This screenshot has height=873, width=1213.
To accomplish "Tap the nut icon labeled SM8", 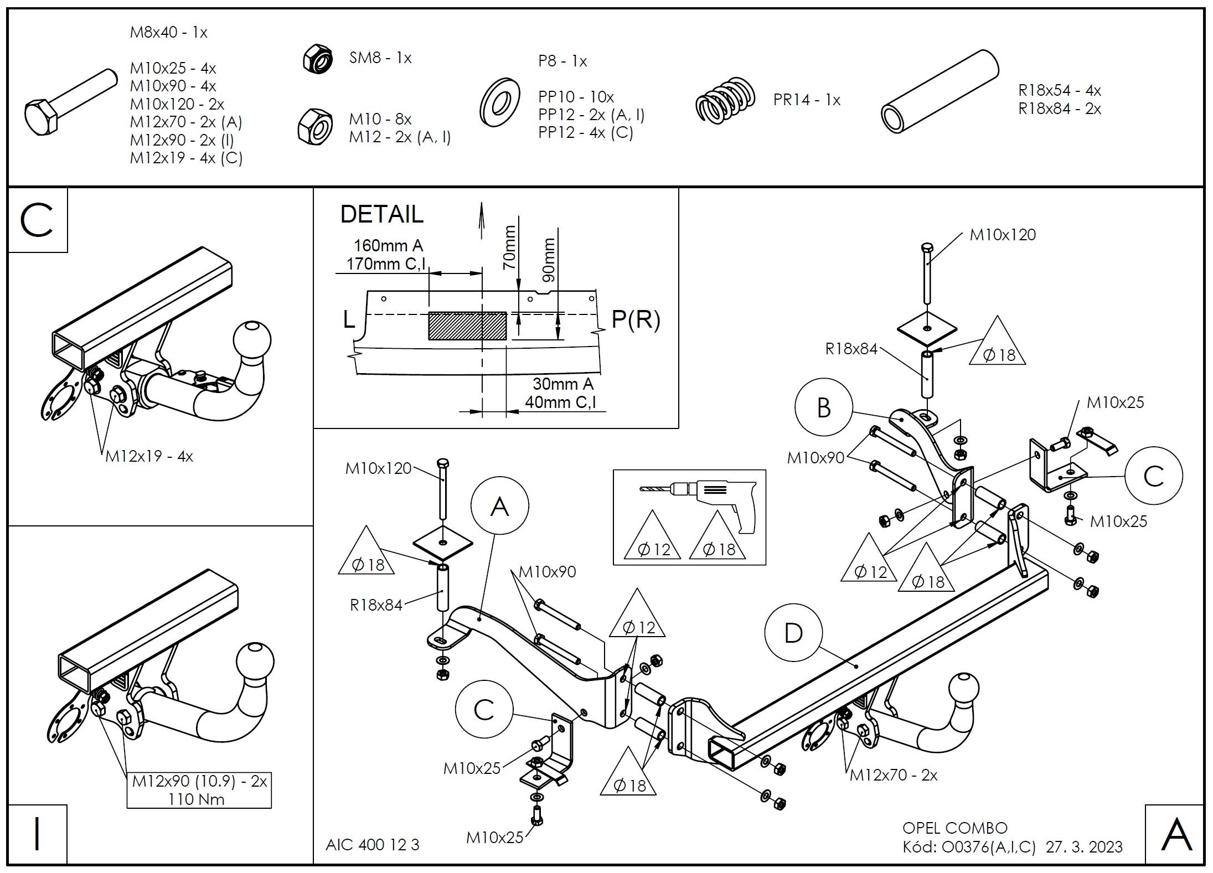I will coord(317,59).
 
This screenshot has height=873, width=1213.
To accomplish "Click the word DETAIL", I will coord(381,214).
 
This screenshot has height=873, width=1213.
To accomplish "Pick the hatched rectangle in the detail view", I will coord(467,326).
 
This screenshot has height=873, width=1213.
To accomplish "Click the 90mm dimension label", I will coord(548,260).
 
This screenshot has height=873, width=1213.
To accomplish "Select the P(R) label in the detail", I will coord(636,320).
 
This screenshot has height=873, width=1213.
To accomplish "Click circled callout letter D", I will coord(793,633).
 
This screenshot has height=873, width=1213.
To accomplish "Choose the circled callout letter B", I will coord(823,408).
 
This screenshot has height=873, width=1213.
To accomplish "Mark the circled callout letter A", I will coord(499,506).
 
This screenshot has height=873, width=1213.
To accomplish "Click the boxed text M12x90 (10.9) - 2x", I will coord(199,781).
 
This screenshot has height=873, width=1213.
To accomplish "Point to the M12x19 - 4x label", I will coord(149,457).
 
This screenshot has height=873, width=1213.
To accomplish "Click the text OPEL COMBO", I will coord(954,828).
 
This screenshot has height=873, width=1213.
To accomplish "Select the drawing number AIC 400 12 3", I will coord(372,845).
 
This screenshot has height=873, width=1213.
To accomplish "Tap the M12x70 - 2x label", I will coord(894,775).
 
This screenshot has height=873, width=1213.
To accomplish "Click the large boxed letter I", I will coord(37,835).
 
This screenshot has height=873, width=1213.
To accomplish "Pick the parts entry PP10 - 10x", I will coord(576,97).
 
